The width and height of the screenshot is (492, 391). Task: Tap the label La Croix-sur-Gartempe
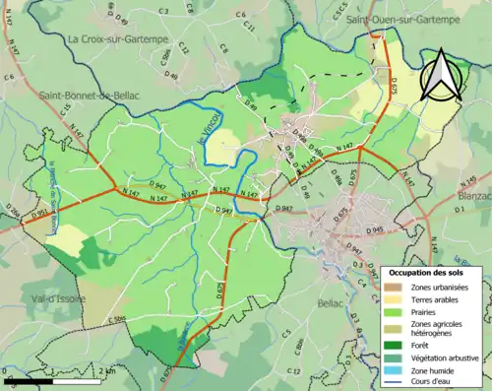pos(118,38)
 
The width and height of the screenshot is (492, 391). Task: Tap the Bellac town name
pos(331,303)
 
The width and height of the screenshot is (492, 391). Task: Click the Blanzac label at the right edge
pos(474,195)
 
